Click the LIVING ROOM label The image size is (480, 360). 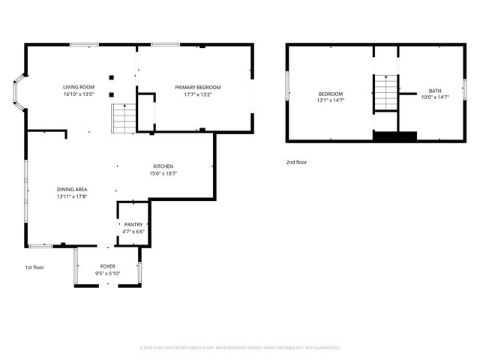78,88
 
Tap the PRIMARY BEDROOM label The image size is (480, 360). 198,88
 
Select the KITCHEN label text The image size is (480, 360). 163,166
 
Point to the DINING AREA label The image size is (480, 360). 73,189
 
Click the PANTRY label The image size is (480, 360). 133,224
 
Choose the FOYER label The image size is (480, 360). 108,266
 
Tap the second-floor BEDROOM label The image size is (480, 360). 330,93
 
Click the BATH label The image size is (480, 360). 435,91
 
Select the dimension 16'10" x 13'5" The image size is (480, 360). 78,95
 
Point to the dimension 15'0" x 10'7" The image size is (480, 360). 163,173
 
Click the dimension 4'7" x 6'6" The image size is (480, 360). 133,232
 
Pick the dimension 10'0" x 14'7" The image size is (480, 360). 435,97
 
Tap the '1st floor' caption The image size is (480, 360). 34,267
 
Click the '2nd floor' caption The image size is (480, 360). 296,162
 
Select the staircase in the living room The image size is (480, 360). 123,118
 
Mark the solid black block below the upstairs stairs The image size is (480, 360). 394,136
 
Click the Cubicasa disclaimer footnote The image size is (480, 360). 240,347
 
